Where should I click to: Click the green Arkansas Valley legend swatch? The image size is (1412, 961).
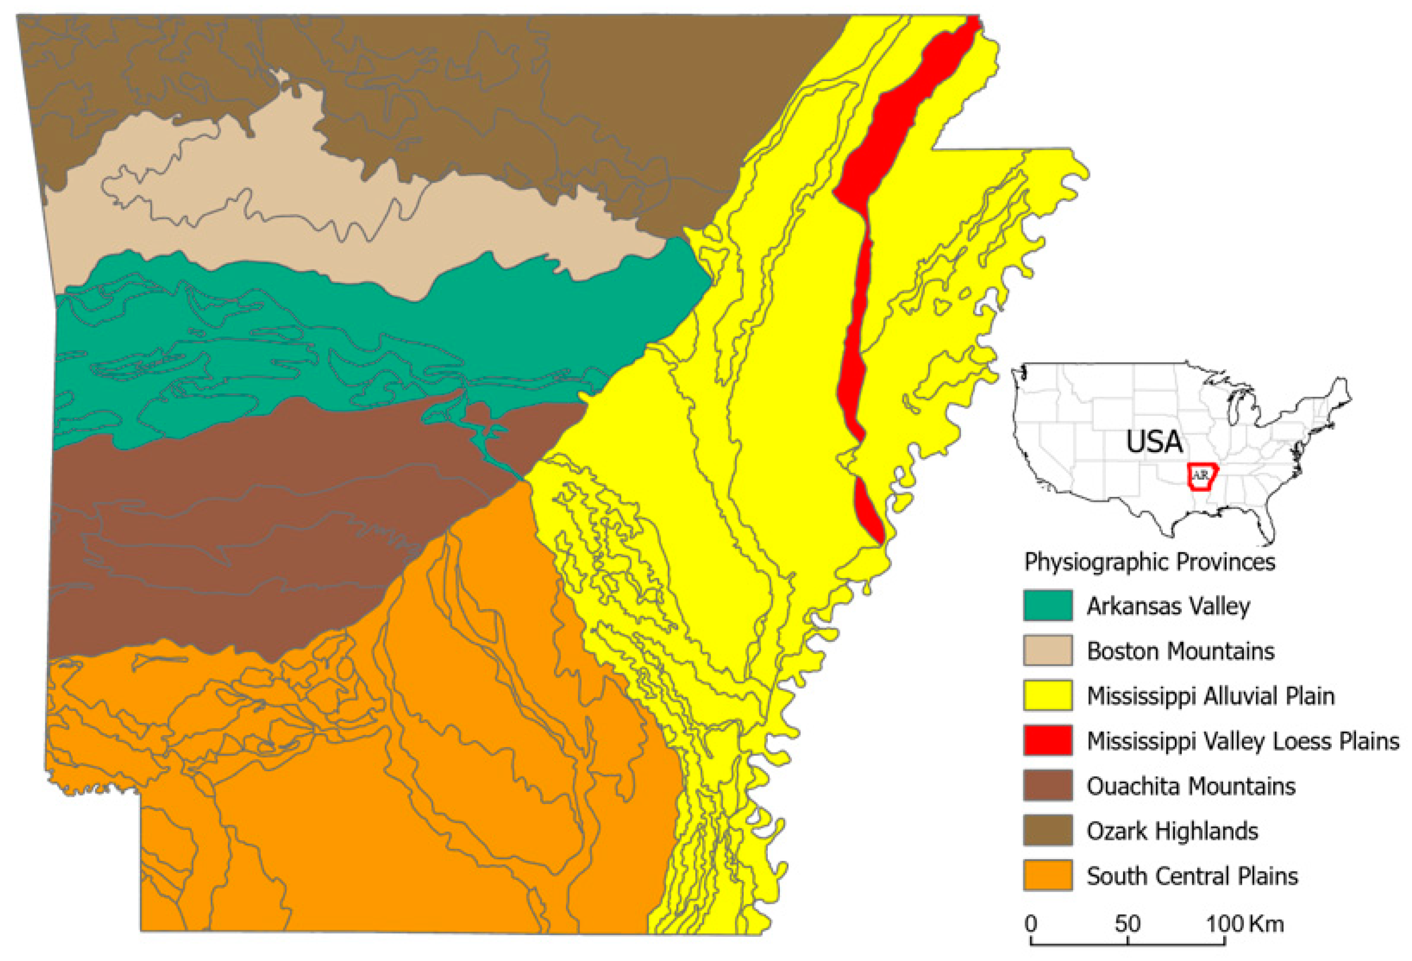(1047, 605)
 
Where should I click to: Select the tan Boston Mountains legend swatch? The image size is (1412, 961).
(1047, 650)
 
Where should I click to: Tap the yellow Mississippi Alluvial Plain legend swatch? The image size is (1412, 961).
(1047, 695)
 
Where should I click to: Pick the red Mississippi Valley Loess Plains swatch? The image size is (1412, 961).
(1047, 740)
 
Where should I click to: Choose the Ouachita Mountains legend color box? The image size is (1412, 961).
(1047, 785)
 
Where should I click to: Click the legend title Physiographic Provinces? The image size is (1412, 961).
(1149, 561)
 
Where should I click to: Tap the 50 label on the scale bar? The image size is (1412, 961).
(1127, 924)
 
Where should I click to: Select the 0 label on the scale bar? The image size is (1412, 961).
(1031, 924)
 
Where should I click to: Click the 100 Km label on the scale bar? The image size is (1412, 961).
(1245, 924)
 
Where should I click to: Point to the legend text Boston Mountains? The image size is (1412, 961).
(1180, 651)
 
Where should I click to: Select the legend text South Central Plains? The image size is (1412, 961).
(1192, 876)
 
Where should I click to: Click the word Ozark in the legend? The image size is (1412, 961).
(1114, 831)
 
